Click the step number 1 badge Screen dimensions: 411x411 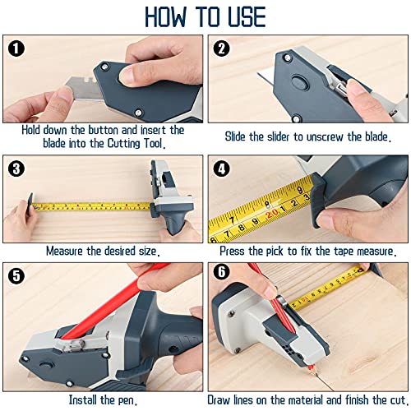[x=16, y=48]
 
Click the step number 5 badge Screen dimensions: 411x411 [x=16, y=276]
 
